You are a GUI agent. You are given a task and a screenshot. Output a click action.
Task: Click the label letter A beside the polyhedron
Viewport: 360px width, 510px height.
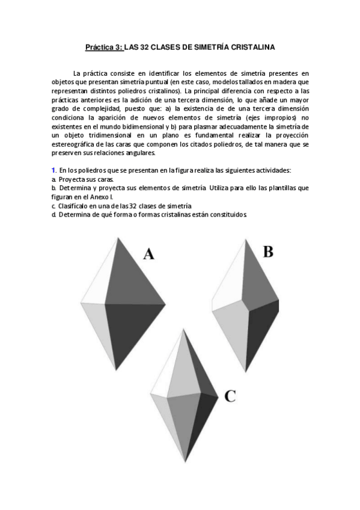tap(149, 254)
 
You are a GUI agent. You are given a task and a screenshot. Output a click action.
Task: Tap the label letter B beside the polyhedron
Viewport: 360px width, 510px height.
tap(267, 251)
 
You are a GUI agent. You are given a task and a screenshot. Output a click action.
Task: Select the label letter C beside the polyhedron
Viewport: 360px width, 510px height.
tap(230, 395)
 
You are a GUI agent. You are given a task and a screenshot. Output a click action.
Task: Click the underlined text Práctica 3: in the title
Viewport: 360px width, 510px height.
tap(103, 46)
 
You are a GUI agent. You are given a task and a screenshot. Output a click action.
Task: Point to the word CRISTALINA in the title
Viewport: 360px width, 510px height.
tap(252, 46)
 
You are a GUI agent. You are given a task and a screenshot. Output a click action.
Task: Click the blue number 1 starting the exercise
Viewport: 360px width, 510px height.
tap(53, 171)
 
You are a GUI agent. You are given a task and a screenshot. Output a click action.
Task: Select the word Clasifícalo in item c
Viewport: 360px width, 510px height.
tap(73, 205)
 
